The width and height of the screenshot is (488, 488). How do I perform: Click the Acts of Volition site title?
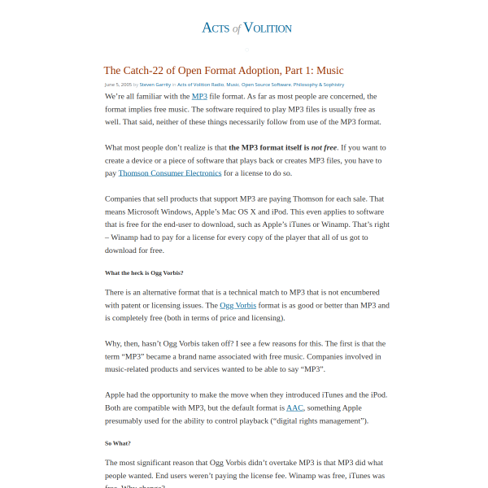(246, 28)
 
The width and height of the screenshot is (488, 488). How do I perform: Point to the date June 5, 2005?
(120, 85)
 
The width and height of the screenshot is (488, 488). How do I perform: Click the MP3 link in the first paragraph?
(199, 96)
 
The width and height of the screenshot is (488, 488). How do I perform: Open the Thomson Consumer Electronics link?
(169, 173)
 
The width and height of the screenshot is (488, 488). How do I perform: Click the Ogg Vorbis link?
(237, 305)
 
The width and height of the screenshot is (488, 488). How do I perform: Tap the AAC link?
(294, 407)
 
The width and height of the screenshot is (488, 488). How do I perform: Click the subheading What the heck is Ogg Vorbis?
(144, 272)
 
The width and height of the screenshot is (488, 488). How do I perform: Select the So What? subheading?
(118, 443)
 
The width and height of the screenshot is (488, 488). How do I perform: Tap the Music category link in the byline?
(233, 85)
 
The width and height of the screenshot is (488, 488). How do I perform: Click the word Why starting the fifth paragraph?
(115, 343)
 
